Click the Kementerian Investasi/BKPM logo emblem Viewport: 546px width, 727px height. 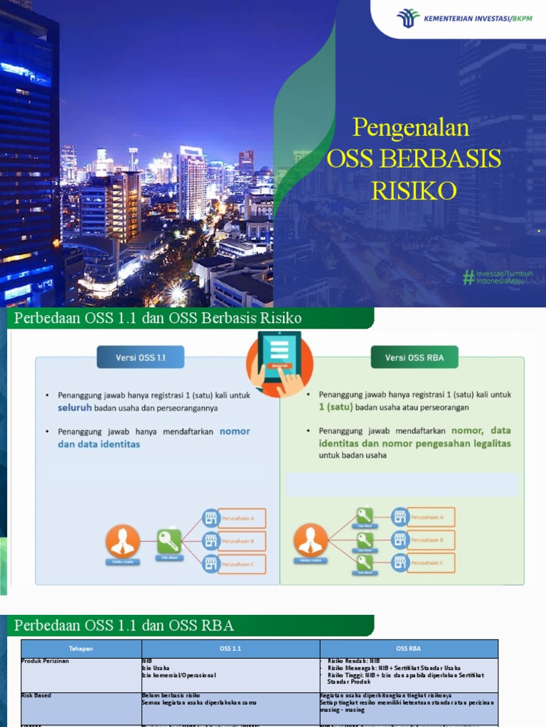[x=408, y=18]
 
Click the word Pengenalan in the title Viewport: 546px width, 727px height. [x=411, y=128]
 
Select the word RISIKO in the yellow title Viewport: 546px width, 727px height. [x=413, y=190]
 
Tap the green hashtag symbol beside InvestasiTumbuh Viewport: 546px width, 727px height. [x=469, y=277]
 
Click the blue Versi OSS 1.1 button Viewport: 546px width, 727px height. [x=140, y=357]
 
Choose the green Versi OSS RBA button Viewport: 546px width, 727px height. [x=414, y=357]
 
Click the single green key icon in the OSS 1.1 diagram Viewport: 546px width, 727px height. [x=169, y=541]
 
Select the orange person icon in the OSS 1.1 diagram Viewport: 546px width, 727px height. [x=122, y=541]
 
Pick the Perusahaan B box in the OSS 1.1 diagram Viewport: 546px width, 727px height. [x=242, y=541]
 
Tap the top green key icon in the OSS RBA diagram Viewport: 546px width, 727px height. [x=365, y=516]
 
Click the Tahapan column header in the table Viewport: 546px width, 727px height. [x=81, y=648]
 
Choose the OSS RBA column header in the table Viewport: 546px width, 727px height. [x=409, y=648]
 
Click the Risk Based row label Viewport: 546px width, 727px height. [x=37, y=696]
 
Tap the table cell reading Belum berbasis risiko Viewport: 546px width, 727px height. [x=171, y=696]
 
